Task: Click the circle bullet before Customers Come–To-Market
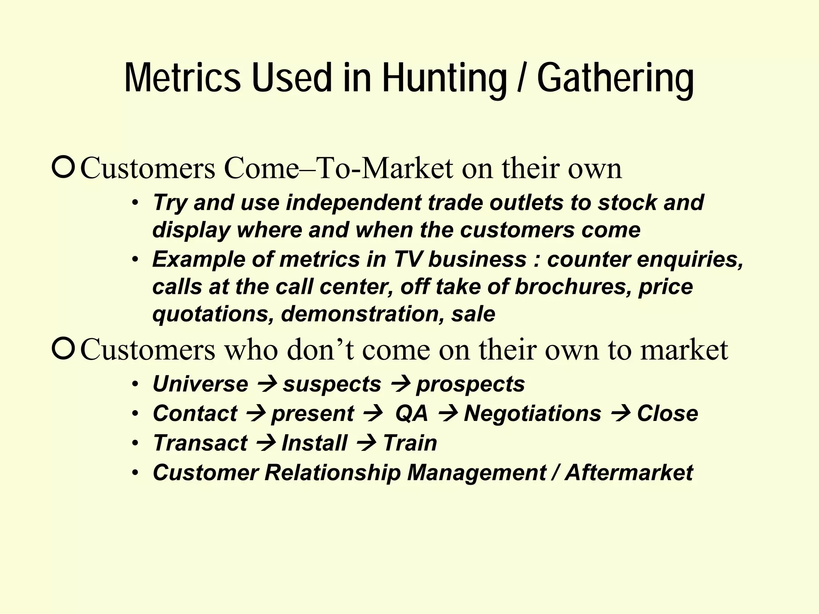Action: click(x=63, y=168)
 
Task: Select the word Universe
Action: click(x=200, y=384)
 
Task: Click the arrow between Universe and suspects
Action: click(x=266, y=385)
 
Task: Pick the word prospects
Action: click(x=470, y=385)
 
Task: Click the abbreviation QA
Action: click(x=411, y=413)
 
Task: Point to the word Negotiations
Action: click(x=532, y=413)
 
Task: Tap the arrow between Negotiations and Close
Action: click(x=619, y=414)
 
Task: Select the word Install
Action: click(x=314, y=443)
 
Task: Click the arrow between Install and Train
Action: click(x=365, y=443)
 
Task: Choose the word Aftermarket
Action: click(x=629, y=472)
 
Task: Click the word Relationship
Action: click(x=332, y=472)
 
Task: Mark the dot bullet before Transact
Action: click(x=136, y=443)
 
